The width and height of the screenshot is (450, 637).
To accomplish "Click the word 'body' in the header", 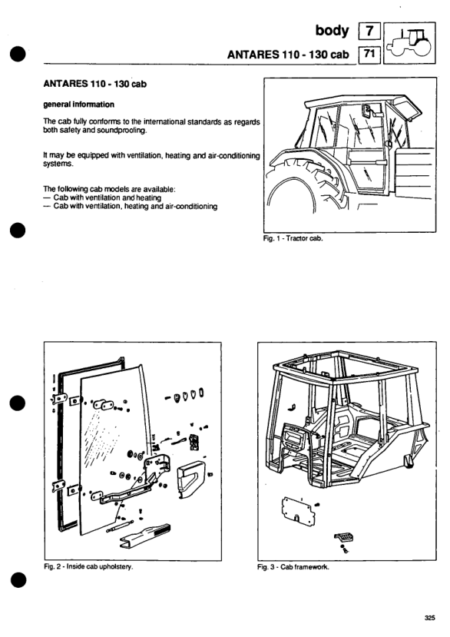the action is click(x=332, y=32).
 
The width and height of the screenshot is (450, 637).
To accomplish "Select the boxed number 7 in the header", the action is click(x=369, y=31).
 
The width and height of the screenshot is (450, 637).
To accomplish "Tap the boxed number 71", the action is click(x=369, y=54).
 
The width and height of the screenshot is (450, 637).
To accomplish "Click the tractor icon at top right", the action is click(x=409, y=43).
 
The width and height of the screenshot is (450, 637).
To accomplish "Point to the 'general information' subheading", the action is click(x=78, y=105).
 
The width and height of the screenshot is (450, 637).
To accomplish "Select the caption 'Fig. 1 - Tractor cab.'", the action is click(x=293, y=238).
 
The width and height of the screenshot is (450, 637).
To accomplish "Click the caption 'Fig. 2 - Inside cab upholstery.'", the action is click(x=88, y=566).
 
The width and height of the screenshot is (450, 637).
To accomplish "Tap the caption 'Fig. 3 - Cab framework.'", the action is click(x=293, y=567).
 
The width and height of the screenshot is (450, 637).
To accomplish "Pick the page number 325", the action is click(x=430, y=618).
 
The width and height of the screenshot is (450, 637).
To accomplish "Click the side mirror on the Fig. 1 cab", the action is click(x=367, y=110).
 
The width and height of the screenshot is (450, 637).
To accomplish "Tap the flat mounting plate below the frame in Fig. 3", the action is click(x=298, y=511).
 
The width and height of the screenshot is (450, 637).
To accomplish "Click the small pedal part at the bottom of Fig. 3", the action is click(x=343, y=538).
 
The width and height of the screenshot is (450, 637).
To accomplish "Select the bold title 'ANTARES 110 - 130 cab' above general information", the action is click(x=94, y=84).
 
